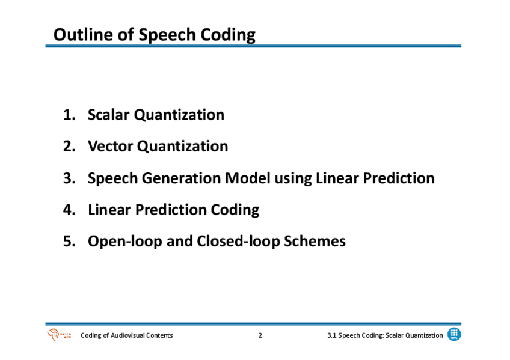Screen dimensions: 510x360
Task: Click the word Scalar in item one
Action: pos(109,115)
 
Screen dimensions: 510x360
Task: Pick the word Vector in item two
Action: pos(110,146)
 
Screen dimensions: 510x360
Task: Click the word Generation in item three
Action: pos(181,178)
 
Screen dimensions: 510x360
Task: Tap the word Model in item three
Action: pos(248,178)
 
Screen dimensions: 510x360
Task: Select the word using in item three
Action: pos(293,179)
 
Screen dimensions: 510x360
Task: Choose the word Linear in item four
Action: pos(109,210)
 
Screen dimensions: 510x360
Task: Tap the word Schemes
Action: pos(315,241)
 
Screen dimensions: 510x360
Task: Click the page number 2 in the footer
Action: pos(260,335)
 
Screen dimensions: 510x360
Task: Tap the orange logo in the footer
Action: pos(59,335)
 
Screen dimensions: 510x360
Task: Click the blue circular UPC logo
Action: pos(454,334)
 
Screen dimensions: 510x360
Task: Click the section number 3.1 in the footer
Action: pos(332,335)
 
